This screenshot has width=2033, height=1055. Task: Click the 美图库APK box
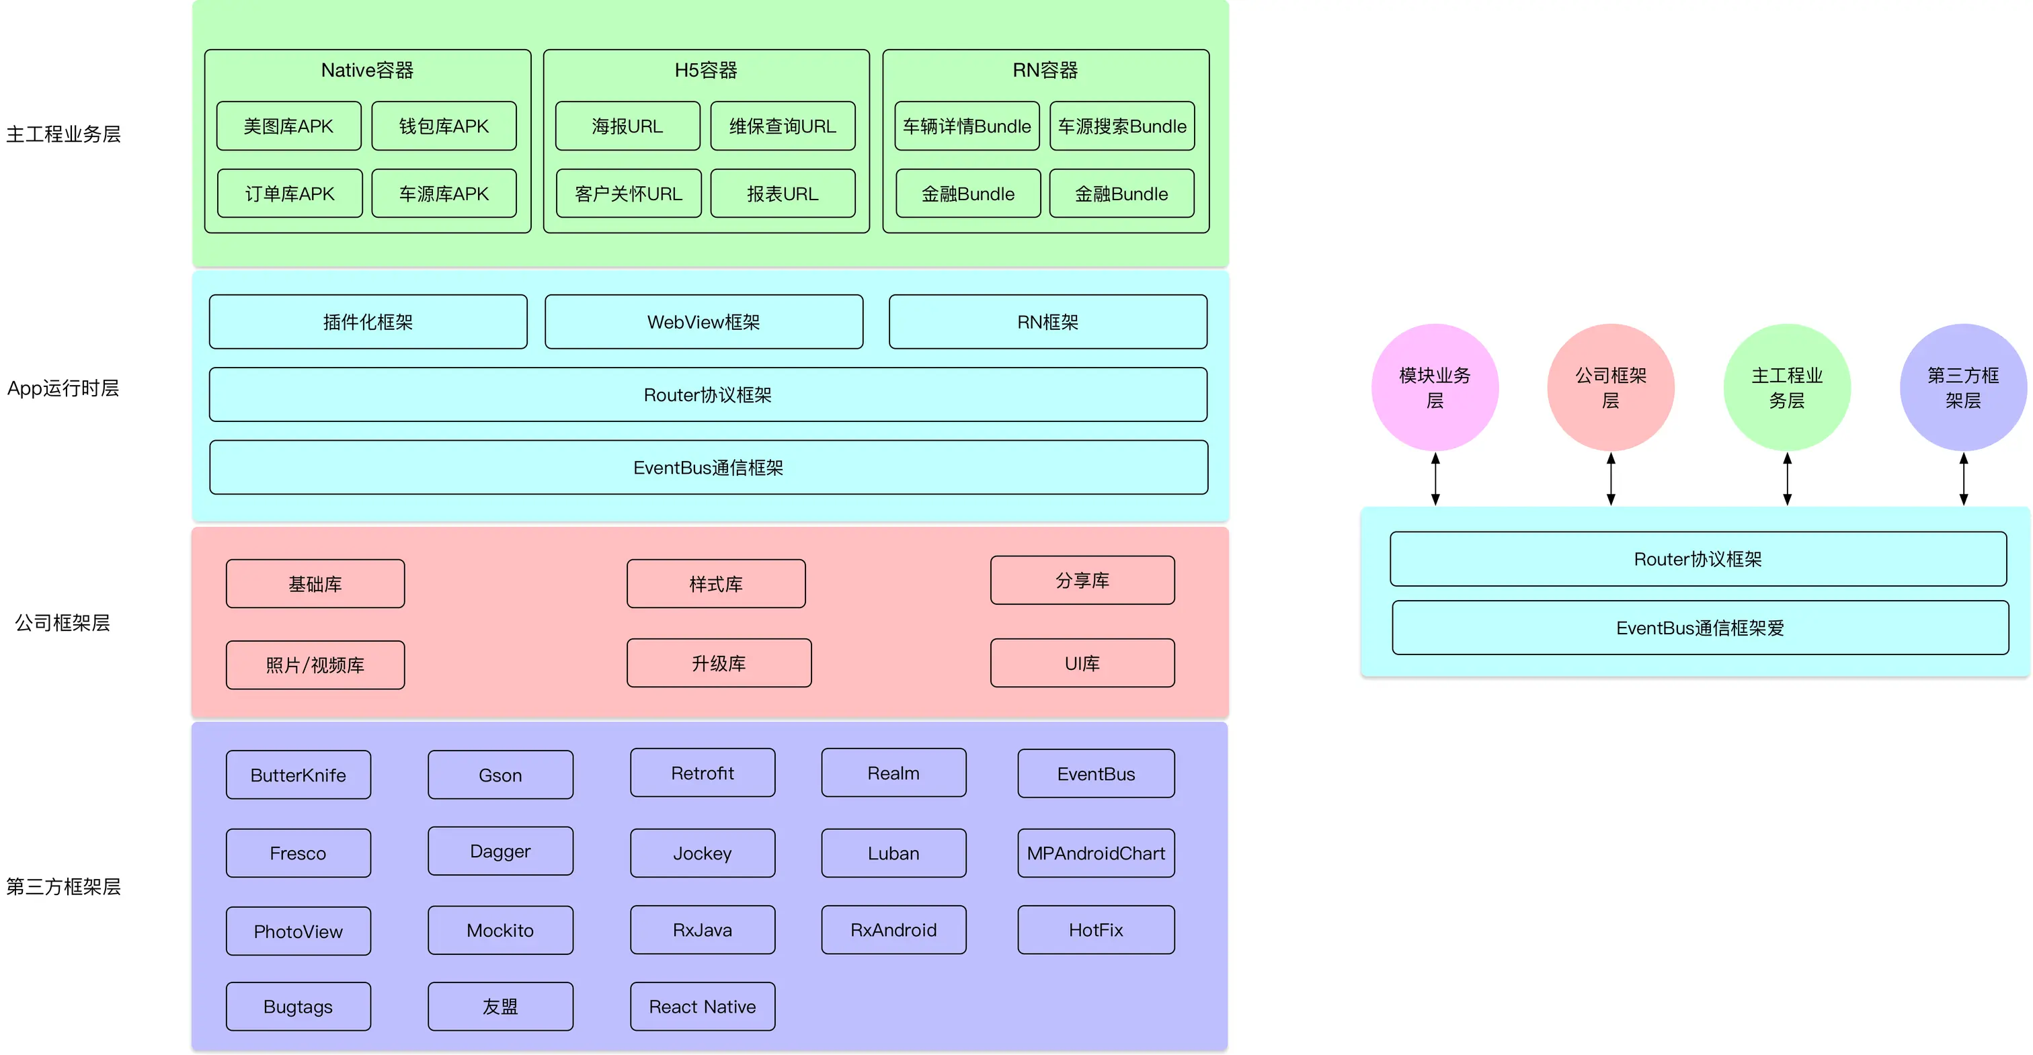tap(289, 126)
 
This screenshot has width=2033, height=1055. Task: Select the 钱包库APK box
tap(444, 126)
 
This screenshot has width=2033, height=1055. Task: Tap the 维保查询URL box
tap(783, 126)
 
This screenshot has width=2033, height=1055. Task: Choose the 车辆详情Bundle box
tap(967, 126)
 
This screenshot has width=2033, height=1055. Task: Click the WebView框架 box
tap(704, 322)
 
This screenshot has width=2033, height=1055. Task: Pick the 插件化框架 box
tap(368, 322)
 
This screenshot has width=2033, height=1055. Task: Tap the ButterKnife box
tap(298, 775)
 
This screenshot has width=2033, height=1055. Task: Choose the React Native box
tap(703, 1007)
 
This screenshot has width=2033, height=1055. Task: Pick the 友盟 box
tap(500, 1007)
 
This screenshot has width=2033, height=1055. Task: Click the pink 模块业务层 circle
tap(1435, 388)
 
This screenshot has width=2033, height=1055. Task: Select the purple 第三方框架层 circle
tap(1963, 388)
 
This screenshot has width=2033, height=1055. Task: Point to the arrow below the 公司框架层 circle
tap(1611, 479)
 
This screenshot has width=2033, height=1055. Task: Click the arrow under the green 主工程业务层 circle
tap(1787, 479)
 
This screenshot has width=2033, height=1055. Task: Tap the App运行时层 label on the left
tap(63, 388)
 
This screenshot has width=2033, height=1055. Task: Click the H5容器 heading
tap(705, 71)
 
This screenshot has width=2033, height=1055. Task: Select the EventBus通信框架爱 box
tap(1700, 628)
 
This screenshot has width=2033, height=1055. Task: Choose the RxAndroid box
tap(893, 930)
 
